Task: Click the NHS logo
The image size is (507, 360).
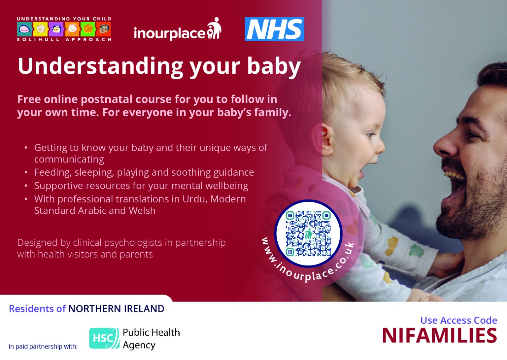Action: point(274,29)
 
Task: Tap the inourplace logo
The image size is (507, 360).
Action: point(177,30)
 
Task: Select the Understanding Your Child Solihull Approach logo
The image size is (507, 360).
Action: point(64,29)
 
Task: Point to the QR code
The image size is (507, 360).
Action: point(308,234)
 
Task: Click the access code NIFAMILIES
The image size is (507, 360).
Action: point(439,336)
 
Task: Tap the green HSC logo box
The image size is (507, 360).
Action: point(104,338)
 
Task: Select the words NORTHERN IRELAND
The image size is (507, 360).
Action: point(116,309)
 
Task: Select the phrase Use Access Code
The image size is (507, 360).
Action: point(458,320)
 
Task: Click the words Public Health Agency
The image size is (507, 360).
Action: point(151,339)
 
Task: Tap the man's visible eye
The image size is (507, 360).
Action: point(474,134)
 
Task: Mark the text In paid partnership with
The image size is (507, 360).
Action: point(43,346)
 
